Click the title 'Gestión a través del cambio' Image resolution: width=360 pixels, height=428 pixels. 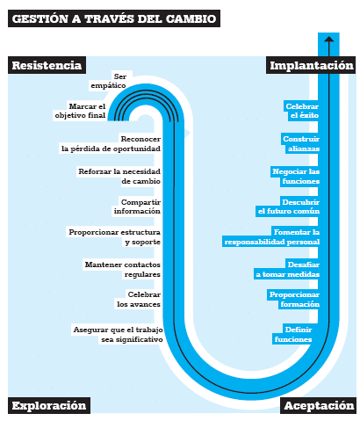point(114,18)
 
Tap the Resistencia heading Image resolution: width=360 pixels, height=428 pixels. point(47,65)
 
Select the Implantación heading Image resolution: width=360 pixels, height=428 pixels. point(312,65)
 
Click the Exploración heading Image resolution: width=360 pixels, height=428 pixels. point(49,405)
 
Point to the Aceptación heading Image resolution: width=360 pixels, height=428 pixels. point(319,405)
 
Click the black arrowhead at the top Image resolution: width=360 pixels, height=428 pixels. point(329,39)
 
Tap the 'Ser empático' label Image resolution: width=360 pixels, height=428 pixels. point(109,81)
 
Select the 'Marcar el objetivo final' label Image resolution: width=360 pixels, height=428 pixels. point(80,111)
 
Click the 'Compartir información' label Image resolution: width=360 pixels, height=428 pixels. point(137,207)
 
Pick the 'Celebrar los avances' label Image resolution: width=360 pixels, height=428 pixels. point(139,299)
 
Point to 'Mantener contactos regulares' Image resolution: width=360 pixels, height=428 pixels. point(123,269)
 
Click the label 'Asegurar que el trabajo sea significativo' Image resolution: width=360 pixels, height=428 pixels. point(118,335)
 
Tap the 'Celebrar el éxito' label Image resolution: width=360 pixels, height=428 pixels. point(302,111)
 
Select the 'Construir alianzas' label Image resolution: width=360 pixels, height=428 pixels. point(301,143)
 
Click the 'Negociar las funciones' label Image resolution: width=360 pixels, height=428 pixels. point(296,176)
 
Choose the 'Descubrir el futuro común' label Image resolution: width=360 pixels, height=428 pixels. point(289,207)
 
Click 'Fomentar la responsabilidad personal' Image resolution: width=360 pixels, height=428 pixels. point(272,236)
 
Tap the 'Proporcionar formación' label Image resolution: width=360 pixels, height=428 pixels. point(294,299)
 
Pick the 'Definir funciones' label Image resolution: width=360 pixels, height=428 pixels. point(293,335)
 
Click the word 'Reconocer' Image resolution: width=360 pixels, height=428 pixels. point(140,139)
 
